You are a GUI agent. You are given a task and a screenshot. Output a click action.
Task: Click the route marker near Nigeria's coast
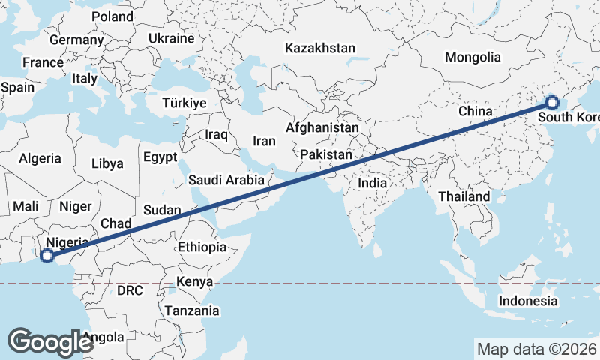pyautogui.click(x=46, y=256)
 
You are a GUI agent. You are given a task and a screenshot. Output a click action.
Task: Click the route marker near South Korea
pyautogui.click(x=551, y=103)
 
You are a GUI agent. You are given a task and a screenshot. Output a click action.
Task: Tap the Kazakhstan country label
pyautogui.click(x=319, y=48)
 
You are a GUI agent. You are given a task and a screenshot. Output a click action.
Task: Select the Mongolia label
pyautogui.click(x=472, y=57)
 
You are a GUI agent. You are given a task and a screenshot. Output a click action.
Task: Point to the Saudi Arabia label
pyautogui.click(x=226, y=180)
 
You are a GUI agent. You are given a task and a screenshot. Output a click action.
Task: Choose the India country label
pyautogui.click(x=372, y=183)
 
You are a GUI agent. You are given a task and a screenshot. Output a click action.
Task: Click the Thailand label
pyautogui.click(x=464, y=196)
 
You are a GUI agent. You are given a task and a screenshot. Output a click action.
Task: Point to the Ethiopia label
pyautogui.click(x=202, y=247)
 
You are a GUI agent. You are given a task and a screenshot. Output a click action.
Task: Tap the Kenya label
pyautogui.click(x=195, y=282)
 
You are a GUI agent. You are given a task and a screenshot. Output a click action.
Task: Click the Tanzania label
pyautogui.click(x=193, y=310)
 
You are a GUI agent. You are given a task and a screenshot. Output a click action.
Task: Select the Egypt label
pyautogui.click(x=160, y=157)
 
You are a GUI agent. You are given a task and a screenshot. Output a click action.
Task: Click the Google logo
pyautogui.click(x=51, y=341)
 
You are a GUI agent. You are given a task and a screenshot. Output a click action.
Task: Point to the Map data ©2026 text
pyautogui.click(x=536, y=349)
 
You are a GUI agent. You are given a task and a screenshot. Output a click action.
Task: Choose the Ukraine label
pyautogui.click(x=171, y=38)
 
